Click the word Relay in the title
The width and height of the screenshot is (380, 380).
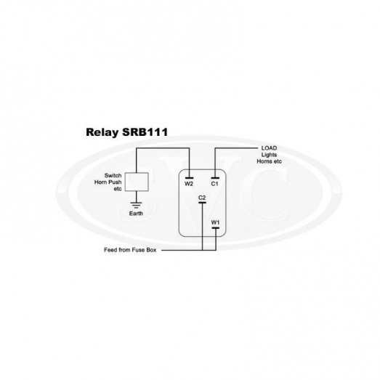coord(102,132)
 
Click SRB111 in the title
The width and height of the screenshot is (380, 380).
coord(145,132)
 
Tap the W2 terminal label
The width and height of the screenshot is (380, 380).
coord(189,184)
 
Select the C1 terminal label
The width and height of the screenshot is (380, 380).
coord(215,184)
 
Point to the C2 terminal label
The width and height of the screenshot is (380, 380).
coord(202,198)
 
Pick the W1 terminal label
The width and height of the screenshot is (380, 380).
coord(215,222)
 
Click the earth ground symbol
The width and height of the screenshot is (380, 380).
coord(136,205)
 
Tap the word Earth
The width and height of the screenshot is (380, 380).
coord(136,214)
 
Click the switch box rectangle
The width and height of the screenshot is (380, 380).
coord(137,182)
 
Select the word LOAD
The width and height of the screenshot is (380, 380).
coord(269,148)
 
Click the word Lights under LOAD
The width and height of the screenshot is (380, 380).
coord(269,155)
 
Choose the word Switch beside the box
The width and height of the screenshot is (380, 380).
coord(113,175)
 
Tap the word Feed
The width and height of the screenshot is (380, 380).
coord(110,250)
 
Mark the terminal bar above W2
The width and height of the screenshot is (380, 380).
coord(189,178)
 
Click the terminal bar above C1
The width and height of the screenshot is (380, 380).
coord(215,178)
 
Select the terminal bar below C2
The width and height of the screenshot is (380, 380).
coord(202,203)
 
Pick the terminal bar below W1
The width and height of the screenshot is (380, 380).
coord(216,228)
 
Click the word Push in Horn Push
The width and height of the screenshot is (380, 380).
coord(116,182)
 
